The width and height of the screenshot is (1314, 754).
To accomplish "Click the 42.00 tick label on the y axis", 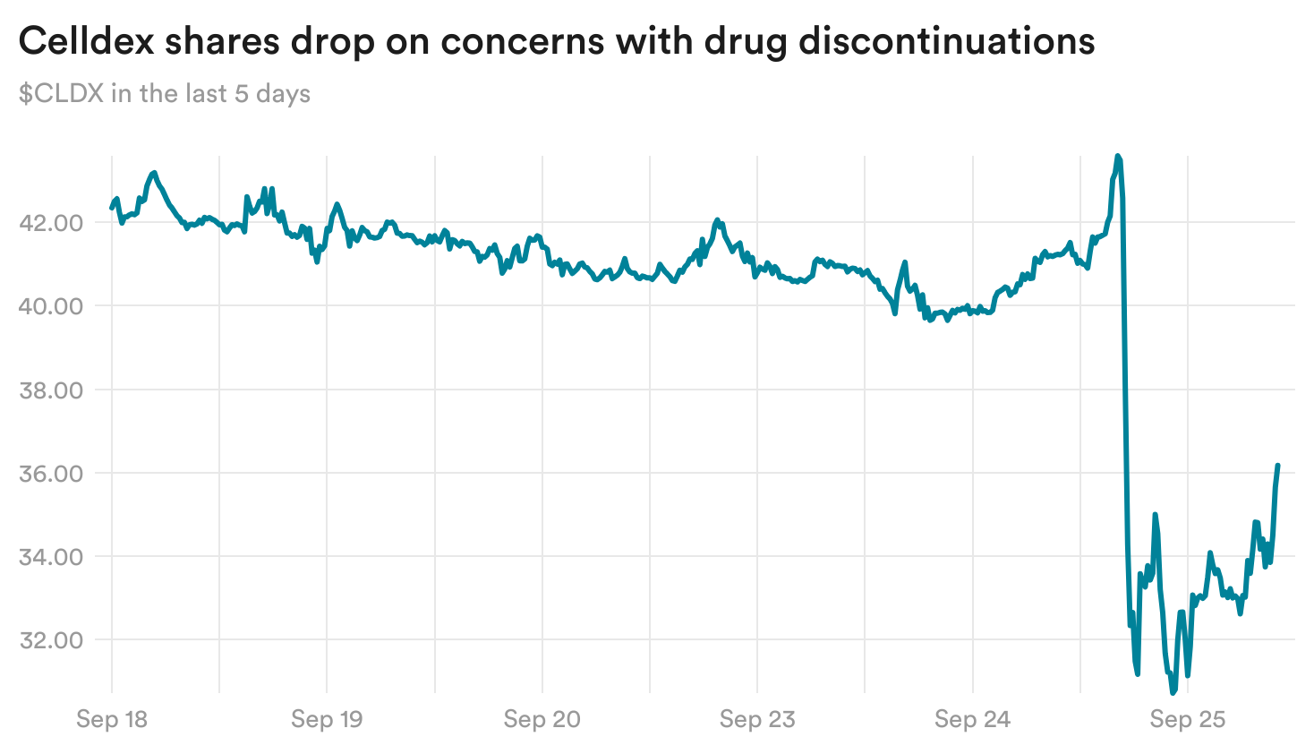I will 51,223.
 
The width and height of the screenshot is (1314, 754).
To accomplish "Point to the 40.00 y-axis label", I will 51,306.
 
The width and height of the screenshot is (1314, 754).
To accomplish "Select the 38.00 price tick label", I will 51,390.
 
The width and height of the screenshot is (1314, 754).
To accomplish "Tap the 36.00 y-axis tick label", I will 51,474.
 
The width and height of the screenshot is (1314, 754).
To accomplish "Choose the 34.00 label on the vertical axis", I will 51,557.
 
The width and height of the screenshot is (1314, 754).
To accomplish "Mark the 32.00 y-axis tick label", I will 51,640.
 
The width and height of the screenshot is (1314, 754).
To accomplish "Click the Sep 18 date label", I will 112,719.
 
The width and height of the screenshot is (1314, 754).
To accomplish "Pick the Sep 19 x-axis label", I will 327,719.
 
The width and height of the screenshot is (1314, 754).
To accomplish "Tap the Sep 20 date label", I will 542,719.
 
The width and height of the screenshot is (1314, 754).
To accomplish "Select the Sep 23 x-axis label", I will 757,719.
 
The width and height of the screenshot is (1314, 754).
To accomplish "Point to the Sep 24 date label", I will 972,719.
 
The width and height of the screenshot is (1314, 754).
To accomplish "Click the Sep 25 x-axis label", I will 1187,719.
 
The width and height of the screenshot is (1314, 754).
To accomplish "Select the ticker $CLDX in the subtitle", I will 61,94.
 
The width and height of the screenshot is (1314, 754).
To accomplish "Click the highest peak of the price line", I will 1117,156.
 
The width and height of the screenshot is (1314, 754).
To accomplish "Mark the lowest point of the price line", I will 1173,692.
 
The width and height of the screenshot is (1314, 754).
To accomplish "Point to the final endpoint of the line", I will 1278,466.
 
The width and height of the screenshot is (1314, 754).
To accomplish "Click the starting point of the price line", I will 112,208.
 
